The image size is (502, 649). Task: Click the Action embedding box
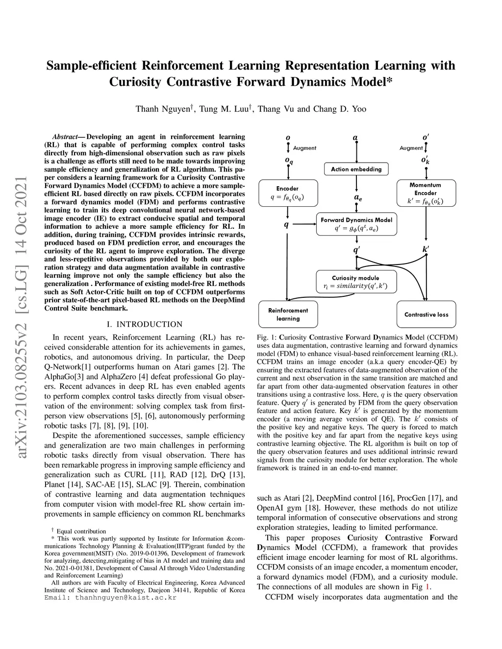tap(356, 169)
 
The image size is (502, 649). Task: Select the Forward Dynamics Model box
tap(356, 224)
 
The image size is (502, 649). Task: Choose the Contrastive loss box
tap(426, 314)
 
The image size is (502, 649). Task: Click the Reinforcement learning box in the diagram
tap(288, 314)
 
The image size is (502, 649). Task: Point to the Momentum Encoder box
tap(426, 193)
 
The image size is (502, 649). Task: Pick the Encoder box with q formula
tap(287, 193)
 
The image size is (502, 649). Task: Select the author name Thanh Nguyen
tap(163, 109)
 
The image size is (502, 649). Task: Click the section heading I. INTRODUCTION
tap(144, 324)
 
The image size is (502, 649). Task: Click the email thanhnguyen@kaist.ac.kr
tap(125, 598)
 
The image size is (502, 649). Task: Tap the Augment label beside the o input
tap(304, 148)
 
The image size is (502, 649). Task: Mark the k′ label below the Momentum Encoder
tap(426, 249)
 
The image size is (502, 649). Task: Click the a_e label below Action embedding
tap(358, 197)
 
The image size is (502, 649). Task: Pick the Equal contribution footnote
tap(81, 531)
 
